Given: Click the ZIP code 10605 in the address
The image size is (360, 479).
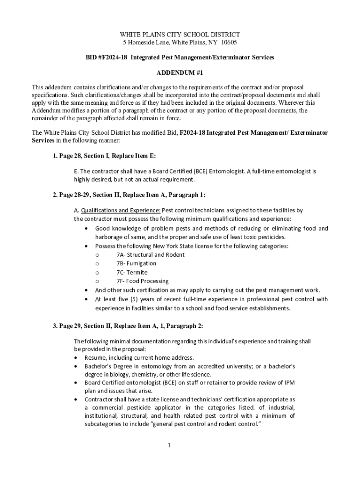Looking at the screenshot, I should [x=229, y=43].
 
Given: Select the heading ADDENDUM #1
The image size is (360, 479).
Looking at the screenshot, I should [x=180, y=73].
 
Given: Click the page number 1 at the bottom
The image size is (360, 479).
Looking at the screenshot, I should [x=169, y=444].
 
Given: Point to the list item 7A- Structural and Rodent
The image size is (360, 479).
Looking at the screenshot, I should [x=150, y=255].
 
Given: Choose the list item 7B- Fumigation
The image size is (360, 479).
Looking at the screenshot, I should [x=136, y=263].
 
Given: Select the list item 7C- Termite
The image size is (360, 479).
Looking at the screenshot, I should [x=131, y=272].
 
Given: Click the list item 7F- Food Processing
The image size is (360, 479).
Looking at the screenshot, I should [x=142, y=281].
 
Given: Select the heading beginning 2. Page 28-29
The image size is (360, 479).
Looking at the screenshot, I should [x=129, y=195].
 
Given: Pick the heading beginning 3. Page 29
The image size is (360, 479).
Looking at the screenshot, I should [x=128, y=326].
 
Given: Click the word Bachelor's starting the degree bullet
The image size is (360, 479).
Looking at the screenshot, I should [x=99, y=366].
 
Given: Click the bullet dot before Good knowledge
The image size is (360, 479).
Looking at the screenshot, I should [x=86, y=229].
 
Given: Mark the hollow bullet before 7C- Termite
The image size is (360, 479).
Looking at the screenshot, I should [x=96, y=272].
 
